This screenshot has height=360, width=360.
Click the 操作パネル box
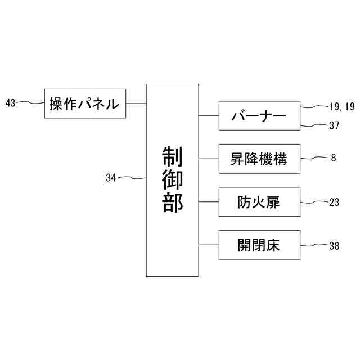coord(85,103)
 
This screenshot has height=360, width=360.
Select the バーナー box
coord(259,116)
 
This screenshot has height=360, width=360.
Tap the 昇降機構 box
coord(259,159)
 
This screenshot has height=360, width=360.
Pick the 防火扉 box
coord(259,202)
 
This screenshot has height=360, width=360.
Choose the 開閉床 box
coord(259,245)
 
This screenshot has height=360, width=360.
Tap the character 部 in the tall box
coord(172,203)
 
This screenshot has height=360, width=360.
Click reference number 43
coord(10,103)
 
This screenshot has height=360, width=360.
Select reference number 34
coord(111,178)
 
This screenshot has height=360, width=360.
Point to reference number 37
coord(334,125)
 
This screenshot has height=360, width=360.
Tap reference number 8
coord(333,158)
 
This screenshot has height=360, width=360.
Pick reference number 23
coord(334,202)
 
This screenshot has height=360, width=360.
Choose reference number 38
coord(334,245)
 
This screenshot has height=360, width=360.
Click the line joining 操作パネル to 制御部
coord(136,103)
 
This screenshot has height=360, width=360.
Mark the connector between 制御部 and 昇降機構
coord(208,159)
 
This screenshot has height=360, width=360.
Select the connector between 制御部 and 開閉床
coord(208,245)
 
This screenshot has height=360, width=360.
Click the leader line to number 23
coord(314,201)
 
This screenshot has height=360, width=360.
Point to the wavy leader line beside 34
coord(132,178)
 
